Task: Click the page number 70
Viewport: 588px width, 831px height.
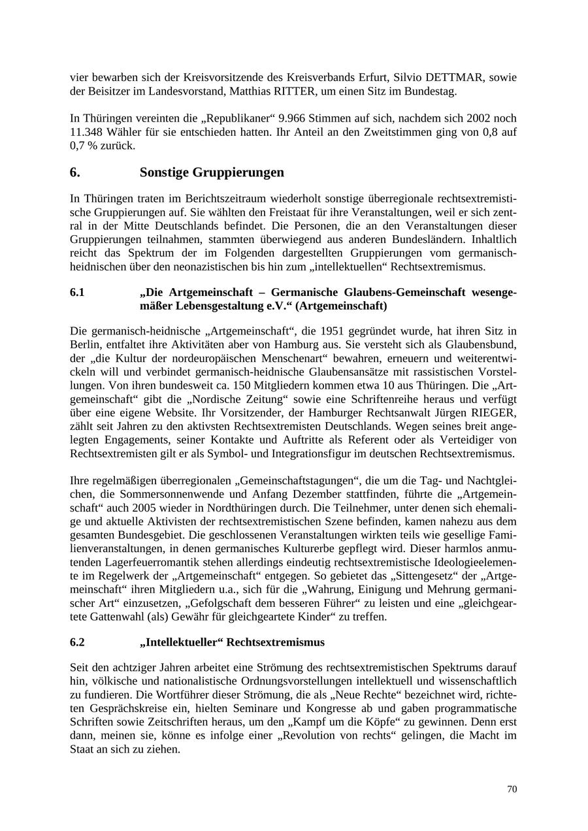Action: coord(512,789)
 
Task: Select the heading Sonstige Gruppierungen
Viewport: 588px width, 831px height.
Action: coord(212,172)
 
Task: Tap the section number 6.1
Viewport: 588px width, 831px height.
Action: coord(77,293)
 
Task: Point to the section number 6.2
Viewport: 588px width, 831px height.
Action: coord(77,642)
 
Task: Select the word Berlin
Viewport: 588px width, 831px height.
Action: coord(84,344)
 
